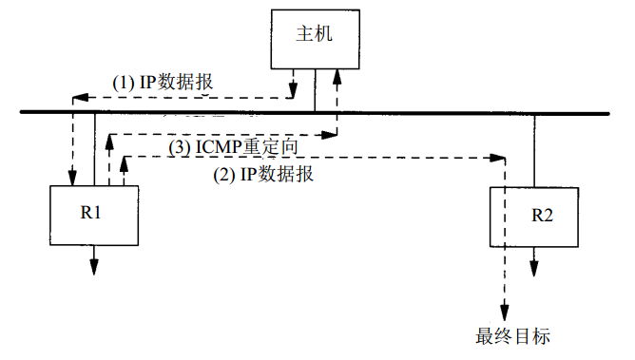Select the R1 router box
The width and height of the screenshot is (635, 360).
(91, 215)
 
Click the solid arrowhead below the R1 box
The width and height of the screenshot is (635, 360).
(95, 267)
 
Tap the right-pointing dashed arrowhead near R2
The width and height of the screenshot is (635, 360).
(495, 157)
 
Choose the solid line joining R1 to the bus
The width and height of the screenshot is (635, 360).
(95, 148)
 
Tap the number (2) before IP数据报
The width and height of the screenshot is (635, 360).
(221, 175)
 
